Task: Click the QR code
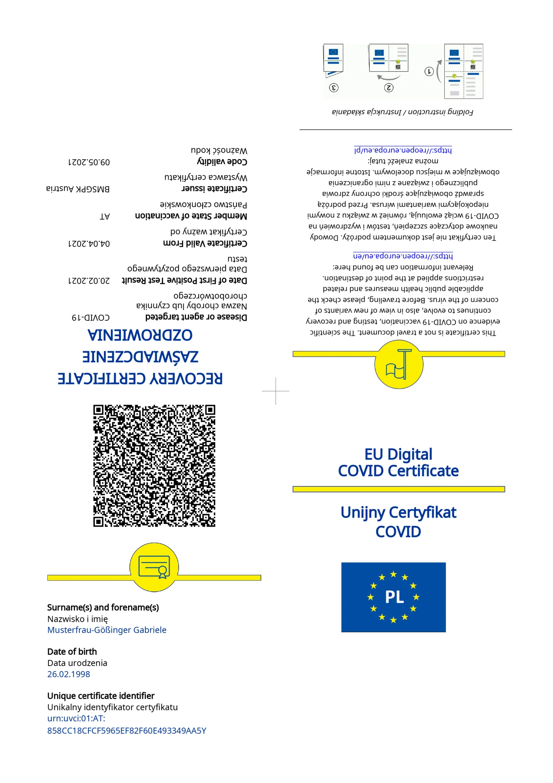pyautogui.click(x=154, y=465)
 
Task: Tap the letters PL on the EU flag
pyautogui.click(x=394, y=597)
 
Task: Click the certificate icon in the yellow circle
pyautogui.click(x=154, y=567)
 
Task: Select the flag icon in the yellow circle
pyautogui.click(x=398, y=365)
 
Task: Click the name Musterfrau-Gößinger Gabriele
pyautogui.click(x=107, y=630)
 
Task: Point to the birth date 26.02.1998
pyautogui.click(x=69, y=674)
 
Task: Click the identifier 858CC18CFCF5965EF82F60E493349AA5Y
pyautogui.click(x=127, y=731)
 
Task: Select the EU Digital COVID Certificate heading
pyautogui.click(x=398, y=463)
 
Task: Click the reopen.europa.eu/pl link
pyautogui.click(x=403, y=150)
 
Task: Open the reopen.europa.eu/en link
pyautogui.click(x=403, y=256)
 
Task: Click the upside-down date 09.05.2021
pyautogui.click(x=89, y=162)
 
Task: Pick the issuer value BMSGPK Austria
pyautogui.click(x=78, y=189)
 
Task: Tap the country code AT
pyautogui.click(x=105, y=216)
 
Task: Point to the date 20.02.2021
pyautogui.click(x=89, y=281)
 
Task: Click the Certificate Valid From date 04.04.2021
pyautogui.click(x=89, y=244)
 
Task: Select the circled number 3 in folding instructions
pyautogui.click(x=334, y=87)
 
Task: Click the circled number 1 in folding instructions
pyautogui.click(x=429, y=72)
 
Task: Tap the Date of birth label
pyautogui.click(x=72, y=652)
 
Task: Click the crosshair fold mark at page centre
pyautogui.click(x=276, y=391)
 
